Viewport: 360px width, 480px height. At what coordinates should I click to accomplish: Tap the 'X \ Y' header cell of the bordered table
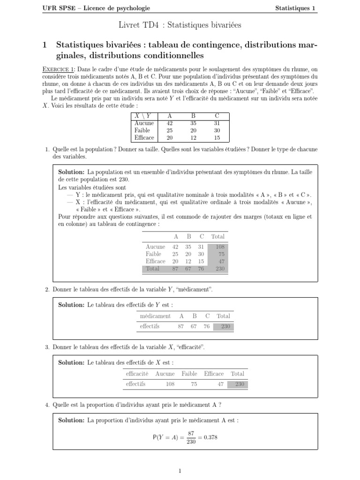(143, 116)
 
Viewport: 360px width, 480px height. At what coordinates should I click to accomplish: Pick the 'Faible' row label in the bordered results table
(142, 130)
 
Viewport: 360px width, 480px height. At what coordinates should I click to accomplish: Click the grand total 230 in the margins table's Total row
(219, 269)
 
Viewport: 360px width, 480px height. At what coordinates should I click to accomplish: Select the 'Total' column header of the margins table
(217, 237)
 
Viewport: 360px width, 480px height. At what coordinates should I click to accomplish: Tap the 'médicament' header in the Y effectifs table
(155, 316)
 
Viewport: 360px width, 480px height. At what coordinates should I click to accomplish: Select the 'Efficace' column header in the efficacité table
(214, 374)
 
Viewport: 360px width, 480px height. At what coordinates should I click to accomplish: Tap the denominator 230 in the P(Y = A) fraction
(191, 442)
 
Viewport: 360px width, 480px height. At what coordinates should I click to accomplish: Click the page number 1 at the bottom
(180, 471)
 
